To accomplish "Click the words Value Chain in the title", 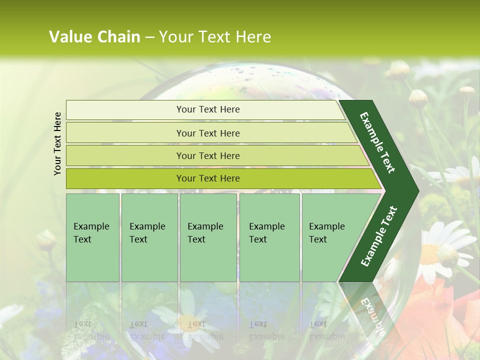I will (94, 37).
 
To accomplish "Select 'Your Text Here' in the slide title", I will (215, 37).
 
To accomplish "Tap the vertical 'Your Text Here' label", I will (58, 143).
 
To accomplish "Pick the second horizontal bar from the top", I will (207, 133).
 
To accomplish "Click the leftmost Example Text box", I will (92, 237).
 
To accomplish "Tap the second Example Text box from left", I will (149, 237).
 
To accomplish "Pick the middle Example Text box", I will (208, 237).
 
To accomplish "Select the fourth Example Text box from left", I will (269, 237).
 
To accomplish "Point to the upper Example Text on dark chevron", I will (377, 142).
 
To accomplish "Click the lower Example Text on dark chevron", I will (379, 236).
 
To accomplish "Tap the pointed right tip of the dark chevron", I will (416, 190).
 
